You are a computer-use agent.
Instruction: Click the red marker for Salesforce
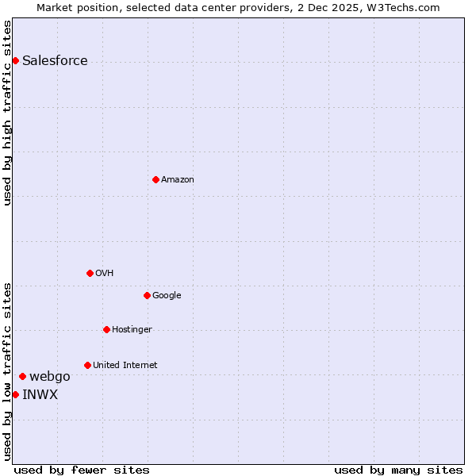15,60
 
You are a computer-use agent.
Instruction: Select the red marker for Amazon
155,179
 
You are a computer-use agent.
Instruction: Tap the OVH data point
90,273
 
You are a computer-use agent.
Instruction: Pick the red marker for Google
147,295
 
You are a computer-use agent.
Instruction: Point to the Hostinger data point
106,329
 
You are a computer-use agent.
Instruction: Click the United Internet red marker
87,365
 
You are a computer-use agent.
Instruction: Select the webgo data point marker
22,376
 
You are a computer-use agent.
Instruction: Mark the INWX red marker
15,394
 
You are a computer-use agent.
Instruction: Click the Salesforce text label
55,61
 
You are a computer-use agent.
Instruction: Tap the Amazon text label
178,180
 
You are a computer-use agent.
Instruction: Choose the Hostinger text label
132,330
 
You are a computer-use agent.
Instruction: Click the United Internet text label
125,366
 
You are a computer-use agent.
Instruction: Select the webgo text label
50,377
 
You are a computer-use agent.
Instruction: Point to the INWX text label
40,395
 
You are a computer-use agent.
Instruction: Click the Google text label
167,296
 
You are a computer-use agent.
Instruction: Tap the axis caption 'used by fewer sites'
82,470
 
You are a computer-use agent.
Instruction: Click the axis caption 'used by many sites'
398,470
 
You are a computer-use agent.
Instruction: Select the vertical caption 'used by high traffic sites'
7,113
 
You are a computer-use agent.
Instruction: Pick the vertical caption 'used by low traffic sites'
7,371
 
